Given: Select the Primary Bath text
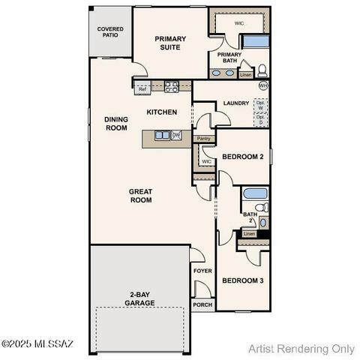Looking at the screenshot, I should [229, 58].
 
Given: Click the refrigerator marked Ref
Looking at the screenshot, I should [142, 89].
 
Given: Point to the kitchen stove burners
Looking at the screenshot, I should [171, 86].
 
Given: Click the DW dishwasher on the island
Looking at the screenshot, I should [176, 135].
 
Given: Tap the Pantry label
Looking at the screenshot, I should [202, 139].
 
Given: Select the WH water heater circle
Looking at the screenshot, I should [262, 86].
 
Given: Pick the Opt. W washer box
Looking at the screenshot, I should [260, 105].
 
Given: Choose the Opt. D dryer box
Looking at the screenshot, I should [260, 118].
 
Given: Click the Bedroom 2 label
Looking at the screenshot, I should [242, 157].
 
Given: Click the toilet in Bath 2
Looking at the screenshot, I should [260, 207].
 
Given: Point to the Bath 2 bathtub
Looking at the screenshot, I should [255, 193].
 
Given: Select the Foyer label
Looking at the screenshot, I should [202, 271].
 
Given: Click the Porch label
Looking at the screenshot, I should [202, 304].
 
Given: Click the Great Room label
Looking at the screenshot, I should [140, 196].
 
